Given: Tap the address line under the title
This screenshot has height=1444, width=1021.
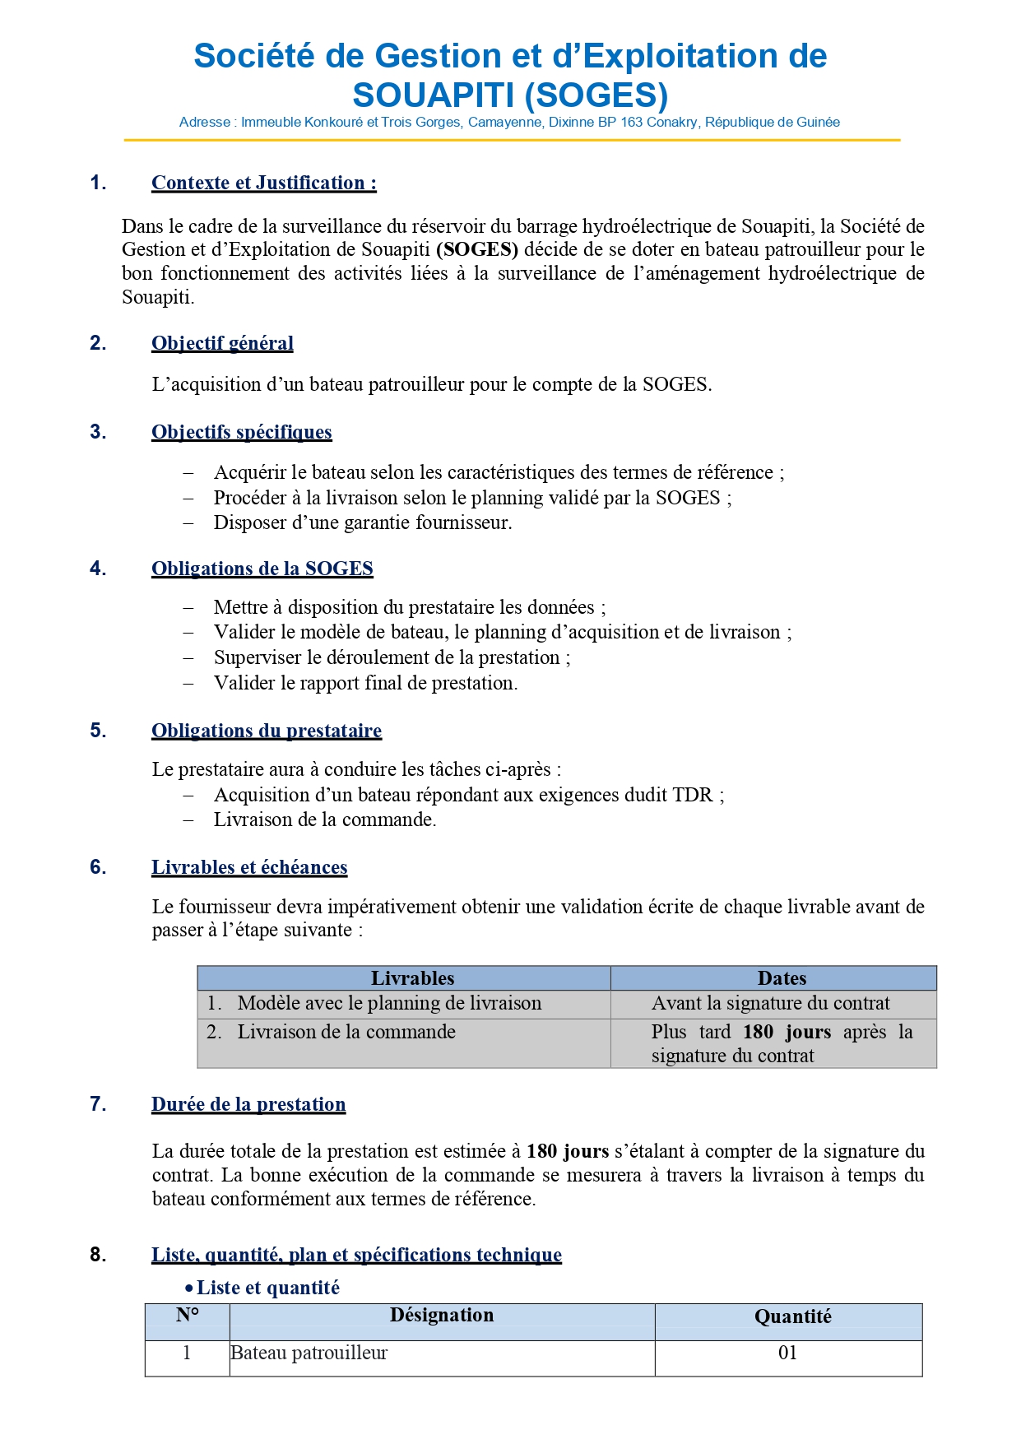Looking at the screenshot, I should pyautogui.click(x=509, y=123).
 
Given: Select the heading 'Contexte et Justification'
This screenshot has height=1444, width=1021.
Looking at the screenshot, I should pyautogui.click(x=263, y=183).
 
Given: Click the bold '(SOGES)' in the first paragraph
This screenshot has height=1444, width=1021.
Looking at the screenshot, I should pyautogui.click(x=477, y=249).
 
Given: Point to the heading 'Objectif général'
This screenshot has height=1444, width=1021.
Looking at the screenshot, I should pyautogui.click(x=222, y=343).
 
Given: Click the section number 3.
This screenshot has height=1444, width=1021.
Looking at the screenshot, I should pyautogui.click(x=98, y=432).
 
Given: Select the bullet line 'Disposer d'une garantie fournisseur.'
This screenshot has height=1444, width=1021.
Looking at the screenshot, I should pyautogui.click(x=362, y=522).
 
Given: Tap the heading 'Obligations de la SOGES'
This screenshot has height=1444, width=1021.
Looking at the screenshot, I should pyautogui.click(x=262, y=569).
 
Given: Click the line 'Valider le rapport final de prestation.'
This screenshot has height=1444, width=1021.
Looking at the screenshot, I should pyautogui.click(x=365, y=683).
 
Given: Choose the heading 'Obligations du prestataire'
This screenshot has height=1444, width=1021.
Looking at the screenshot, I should pyautogui.click(x=267, y=731).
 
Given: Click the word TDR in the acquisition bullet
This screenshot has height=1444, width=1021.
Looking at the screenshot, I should pyautogui.click(x=693, y=795).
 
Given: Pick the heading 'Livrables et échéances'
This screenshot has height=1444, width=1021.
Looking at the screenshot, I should pyautogui.click(x=249, y=867).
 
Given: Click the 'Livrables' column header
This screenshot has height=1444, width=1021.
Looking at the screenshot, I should pyautogui.click(x=412, y=978).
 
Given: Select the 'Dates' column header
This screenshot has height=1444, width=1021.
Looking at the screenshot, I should pyautogui.click(x=782, y=978).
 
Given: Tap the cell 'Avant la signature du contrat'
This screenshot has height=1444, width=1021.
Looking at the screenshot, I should pyautogui.click(x=770, y=1003).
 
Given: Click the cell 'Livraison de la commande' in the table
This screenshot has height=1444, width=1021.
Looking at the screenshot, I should pyautogui.click(x=346, y=1032).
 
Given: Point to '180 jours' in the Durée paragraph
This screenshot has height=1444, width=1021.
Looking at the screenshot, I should pyautogui.click(x=568, y=1151).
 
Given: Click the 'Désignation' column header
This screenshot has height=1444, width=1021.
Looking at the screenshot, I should pyautogui.click(x=442, y=1315).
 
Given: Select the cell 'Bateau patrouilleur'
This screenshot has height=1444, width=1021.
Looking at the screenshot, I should pyautogui.click(x=309, y=1353).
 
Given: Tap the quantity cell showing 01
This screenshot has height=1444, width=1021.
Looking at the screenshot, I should pyautogui.click(x=787, y=1353).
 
